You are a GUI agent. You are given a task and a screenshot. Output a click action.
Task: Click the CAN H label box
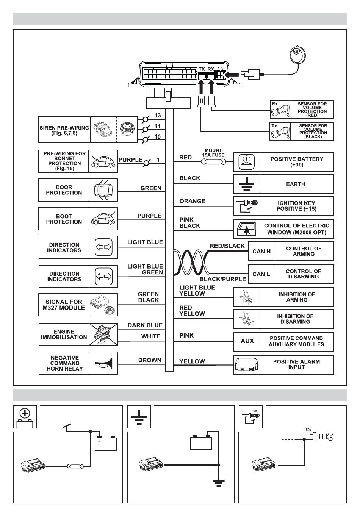[261, 251]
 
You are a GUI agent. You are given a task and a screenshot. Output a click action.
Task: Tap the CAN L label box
[261, 274]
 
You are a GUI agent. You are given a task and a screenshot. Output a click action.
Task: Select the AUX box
[247, 341]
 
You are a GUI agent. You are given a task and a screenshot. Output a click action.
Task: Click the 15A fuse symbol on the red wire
[213, 162]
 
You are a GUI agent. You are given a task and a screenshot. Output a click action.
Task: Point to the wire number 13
[158, 116]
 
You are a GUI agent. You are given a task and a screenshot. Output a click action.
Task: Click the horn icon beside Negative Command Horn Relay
[103, 363]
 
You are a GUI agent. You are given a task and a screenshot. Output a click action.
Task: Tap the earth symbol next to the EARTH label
[247, 184]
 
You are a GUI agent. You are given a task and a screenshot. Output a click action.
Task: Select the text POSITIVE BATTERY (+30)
[297, 162]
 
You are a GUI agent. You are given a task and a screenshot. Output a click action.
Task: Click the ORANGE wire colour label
[192, 201]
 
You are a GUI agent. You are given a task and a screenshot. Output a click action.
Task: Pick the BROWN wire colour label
[150, 360]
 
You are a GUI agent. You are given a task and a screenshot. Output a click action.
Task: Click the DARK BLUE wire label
[145, 325]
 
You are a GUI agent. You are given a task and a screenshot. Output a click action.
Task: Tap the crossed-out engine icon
[103, 334]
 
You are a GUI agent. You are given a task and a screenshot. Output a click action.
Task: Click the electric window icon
[247, 229]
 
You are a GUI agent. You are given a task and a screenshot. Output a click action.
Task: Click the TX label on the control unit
[202, 69]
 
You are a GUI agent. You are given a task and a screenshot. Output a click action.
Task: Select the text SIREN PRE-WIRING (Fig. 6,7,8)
[64, 130]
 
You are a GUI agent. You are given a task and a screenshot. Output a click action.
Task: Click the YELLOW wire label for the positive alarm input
[192, 361]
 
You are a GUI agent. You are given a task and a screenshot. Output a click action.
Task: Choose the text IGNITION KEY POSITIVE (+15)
[296, 206]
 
